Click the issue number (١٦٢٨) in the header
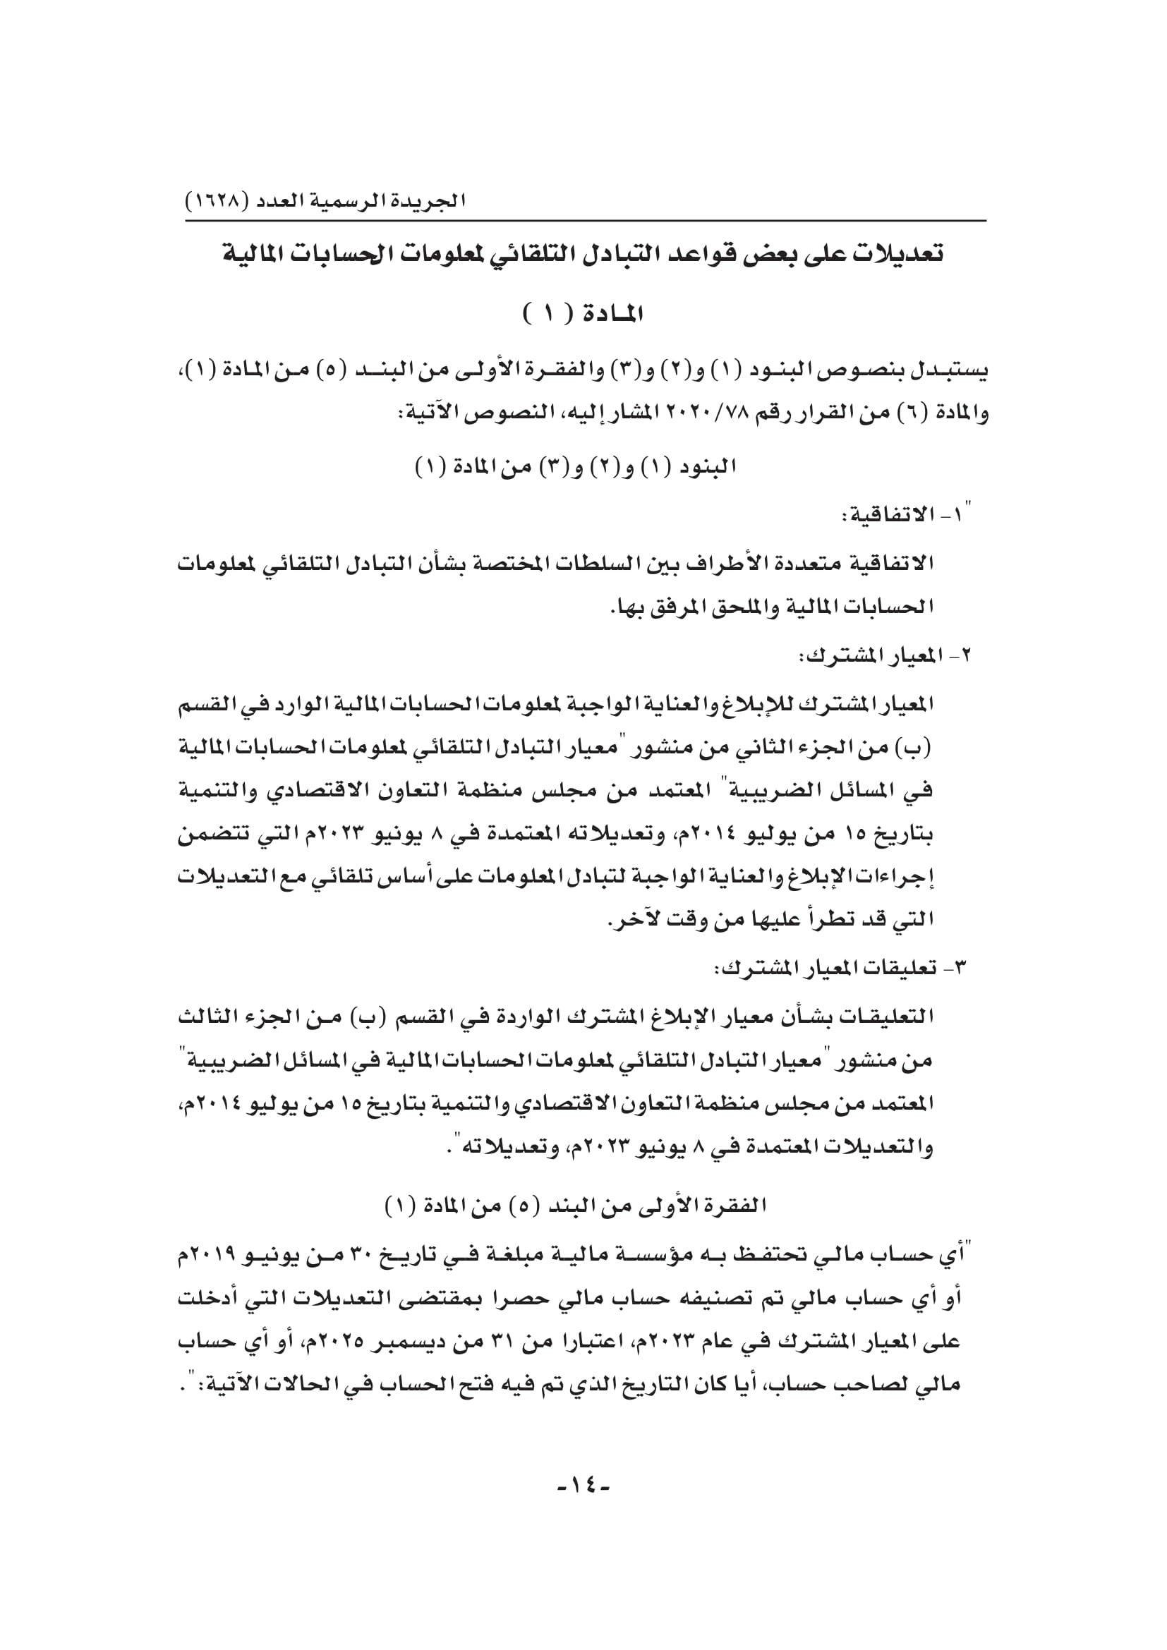(x=217, y=200)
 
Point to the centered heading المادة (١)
(x=583, y=313)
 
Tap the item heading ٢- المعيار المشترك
(x=883, y=656)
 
